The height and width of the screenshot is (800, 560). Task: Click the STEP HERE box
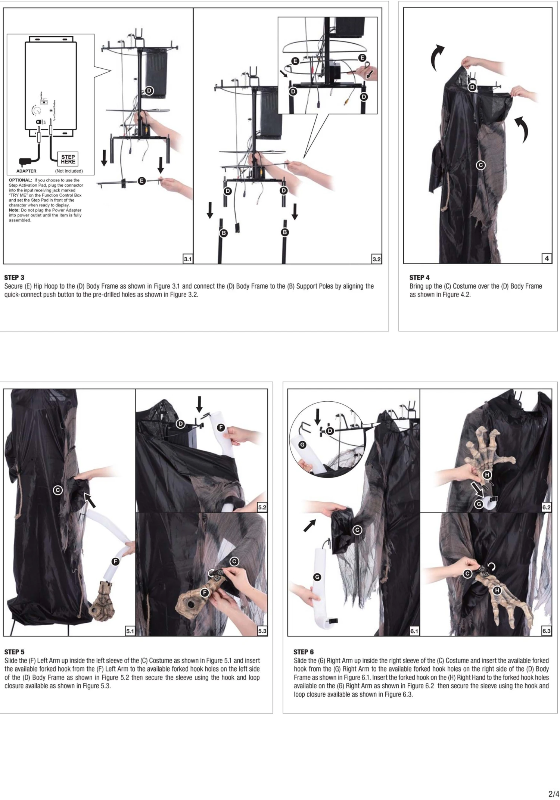[68, 159]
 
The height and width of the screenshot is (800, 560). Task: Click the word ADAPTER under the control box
[26, 171]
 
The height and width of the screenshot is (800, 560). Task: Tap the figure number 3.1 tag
[188, 259]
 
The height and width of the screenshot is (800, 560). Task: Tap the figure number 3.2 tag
[377, 259]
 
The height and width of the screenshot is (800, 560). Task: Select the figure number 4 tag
[547, 258]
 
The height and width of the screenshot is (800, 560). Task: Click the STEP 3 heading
[14, 277]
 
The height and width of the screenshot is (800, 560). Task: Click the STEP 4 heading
[419, 277]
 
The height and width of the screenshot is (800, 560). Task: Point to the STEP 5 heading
[14, 652]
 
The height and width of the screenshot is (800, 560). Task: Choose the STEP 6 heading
[304, 652]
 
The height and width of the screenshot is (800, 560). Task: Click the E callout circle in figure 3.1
[141, 181]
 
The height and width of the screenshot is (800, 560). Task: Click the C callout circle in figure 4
[480, 165]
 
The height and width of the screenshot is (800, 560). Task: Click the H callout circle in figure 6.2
[487, 475]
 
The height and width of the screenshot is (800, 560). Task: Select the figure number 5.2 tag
[262, 507]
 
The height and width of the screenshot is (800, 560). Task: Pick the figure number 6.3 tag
[546, 631]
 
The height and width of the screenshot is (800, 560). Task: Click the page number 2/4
[553, 794]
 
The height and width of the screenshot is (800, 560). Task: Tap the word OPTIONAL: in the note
[21, 180]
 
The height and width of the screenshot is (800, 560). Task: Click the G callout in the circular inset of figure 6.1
[302, 445]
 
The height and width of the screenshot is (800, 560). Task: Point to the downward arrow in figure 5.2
[199, 404]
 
